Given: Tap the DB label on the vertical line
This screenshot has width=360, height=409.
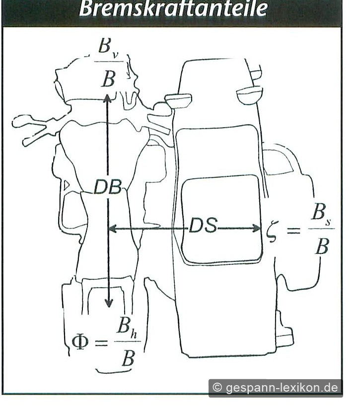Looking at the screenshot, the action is click(x=107, y=187).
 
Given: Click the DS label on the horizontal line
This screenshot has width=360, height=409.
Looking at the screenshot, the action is click(x=203, y=225).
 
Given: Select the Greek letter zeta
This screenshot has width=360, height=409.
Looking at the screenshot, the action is click(x=272, y=232).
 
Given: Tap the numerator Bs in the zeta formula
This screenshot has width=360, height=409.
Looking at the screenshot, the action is click(x=321, y=213).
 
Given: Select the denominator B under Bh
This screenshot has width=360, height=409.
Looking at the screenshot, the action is click(x=128, y=358).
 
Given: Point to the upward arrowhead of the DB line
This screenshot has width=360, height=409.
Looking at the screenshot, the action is click(x=107, y=98).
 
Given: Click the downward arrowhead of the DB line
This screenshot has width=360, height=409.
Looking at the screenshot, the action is click(x=108, y=302).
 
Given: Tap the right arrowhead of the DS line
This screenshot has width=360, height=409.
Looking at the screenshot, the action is click(x=256, y=229).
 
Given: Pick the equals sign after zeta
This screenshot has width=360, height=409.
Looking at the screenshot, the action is click(x=293, y=231).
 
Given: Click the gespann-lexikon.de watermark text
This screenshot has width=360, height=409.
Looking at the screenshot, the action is click(x=282, y=388).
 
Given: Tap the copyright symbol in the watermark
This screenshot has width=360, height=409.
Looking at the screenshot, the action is click(x=217, y=388).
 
